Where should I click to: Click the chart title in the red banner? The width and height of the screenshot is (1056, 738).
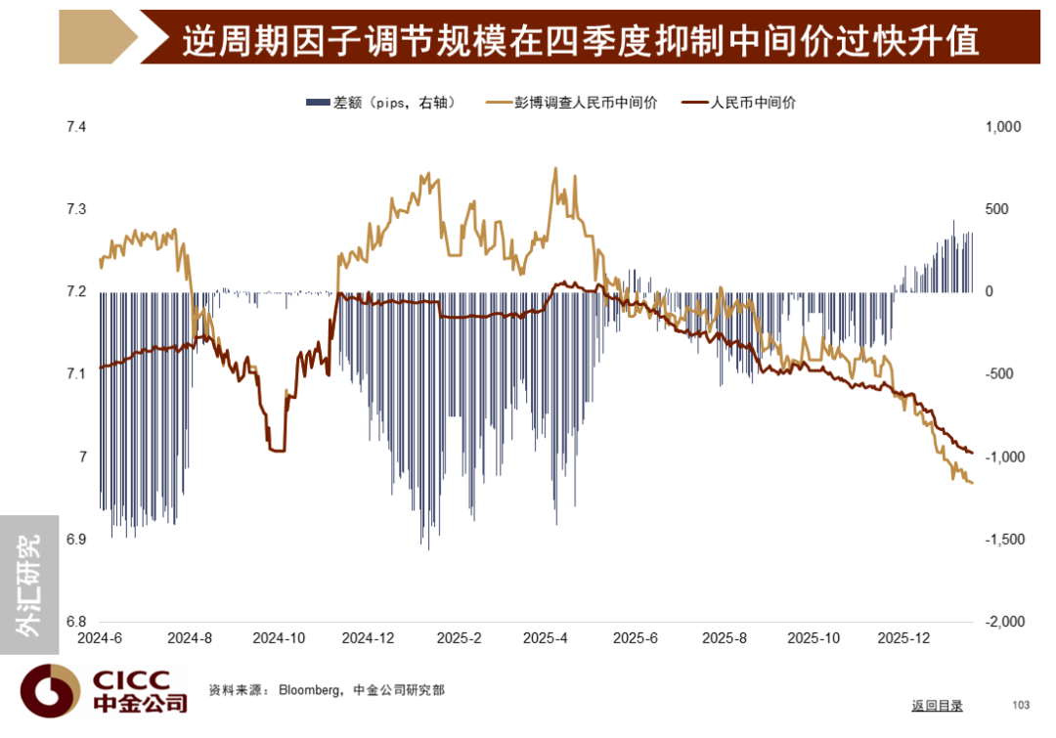click(x=581, y=41)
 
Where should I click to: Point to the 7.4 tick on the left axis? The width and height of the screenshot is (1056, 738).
click(x=75, y=127)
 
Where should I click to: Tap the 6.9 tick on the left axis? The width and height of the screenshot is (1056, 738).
click(x=75, y=540)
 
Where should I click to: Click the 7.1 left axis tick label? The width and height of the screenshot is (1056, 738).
click(x=75, y=374)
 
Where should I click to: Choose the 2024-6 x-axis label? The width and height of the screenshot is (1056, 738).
click(x=101, y=638)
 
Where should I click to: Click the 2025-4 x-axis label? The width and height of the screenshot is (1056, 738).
click(x=546, y=638)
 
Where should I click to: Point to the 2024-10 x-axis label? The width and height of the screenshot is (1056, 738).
click(x=279, y=638)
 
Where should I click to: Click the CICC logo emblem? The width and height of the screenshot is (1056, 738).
click(x=51, y=691)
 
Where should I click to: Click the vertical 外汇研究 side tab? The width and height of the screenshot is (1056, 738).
click(x=29, y=585)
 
